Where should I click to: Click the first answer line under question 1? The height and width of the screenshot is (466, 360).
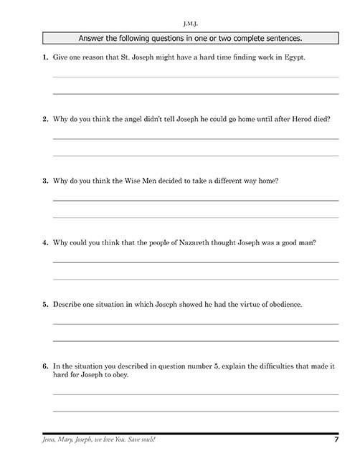[x=196, y=77]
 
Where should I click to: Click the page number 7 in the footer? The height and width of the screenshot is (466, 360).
[x=335, y=439]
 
